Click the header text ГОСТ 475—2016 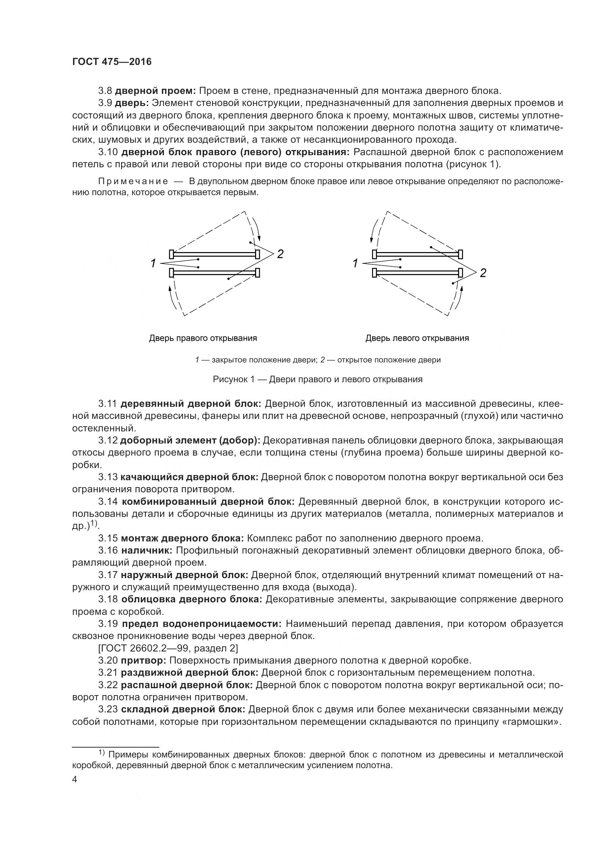pos(112,62)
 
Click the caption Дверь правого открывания pos(203,339)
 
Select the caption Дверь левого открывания pos(417,339)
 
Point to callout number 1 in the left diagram pos(153,263)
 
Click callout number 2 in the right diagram pos(483,273)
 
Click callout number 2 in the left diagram pos(280,254)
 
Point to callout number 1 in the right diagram pos(356,263)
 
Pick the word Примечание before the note pos(133,182)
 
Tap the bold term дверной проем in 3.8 pos(155,91)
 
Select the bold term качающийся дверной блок pos(189,477)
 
